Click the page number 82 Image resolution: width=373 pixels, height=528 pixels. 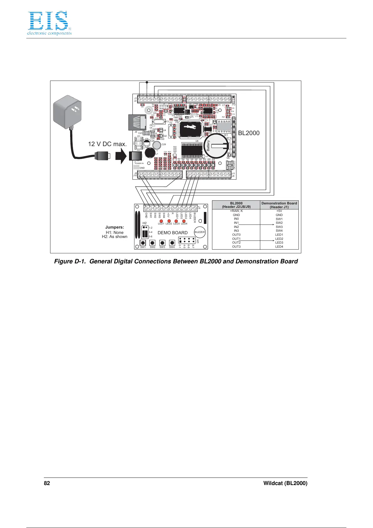coord(47,483)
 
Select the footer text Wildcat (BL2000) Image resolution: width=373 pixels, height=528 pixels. coord(285,483)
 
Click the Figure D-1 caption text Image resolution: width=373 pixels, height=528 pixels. coord(176,261)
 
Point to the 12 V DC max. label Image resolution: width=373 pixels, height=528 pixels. coord(107,144)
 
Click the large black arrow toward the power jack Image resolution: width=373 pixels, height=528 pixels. coord(121,156)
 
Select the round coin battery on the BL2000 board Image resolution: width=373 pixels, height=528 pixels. coord(217,146)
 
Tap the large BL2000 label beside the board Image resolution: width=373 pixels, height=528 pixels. coord(249,133)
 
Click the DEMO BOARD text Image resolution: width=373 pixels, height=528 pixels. coord(173,233)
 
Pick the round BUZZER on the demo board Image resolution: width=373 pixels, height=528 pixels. coord(199,232)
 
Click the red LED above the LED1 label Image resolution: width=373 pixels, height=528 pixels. coord(161,221)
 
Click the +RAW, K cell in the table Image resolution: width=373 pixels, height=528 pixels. coord(236,211)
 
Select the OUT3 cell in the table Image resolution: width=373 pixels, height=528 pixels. coord(236,247)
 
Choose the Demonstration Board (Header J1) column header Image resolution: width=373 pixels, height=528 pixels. coord(279,205)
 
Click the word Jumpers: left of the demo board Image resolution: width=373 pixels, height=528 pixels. coord(115,227)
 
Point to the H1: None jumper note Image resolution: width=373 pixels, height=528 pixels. coord(115,232)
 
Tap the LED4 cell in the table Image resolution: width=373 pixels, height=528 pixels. coord(279,247)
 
